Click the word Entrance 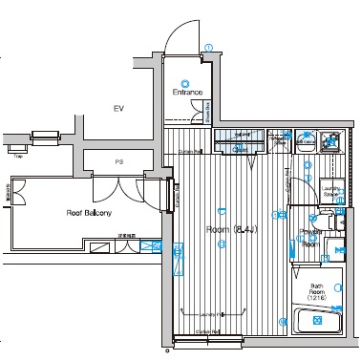(x=188, y=93)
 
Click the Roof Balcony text (x=89, y=213)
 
